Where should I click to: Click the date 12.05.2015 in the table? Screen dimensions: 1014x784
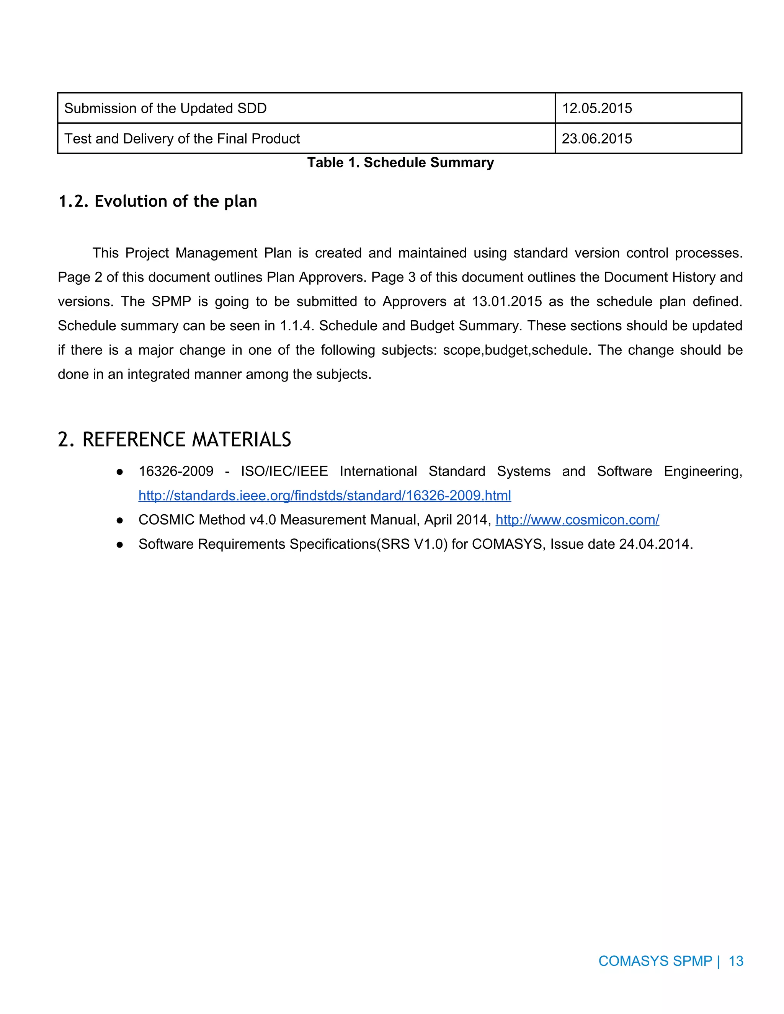[597, 108]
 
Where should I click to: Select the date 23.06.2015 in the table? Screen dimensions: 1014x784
[597, 139]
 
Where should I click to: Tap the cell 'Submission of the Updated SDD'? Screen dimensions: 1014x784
[165, 108]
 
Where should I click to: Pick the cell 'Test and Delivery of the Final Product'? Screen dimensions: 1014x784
[182, 139]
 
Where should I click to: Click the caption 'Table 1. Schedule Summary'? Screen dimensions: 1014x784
[400, 163]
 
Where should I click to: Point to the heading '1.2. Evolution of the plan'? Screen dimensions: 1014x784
[157, 201]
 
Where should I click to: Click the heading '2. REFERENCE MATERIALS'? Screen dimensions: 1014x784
[174, 439]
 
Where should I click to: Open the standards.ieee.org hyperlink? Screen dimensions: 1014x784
[325, 496]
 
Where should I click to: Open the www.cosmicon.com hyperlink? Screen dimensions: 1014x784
[577, 520]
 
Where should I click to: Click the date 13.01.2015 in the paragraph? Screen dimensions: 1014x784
[507, 301]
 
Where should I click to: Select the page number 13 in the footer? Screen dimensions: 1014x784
[736, 960]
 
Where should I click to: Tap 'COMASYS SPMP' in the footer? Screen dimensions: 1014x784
[655, 960]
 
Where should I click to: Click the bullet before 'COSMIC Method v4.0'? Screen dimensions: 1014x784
[120, 520]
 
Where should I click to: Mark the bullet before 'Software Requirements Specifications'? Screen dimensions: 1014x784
[120, 544]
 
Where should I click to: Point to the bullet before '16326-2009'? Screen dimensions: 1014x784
[120, 472]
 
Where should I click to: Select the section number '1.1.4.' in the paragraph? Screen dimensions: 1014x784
[294, 326]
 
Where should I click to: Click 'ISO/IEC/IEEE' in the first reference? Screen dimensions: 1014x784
[284, 471]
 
